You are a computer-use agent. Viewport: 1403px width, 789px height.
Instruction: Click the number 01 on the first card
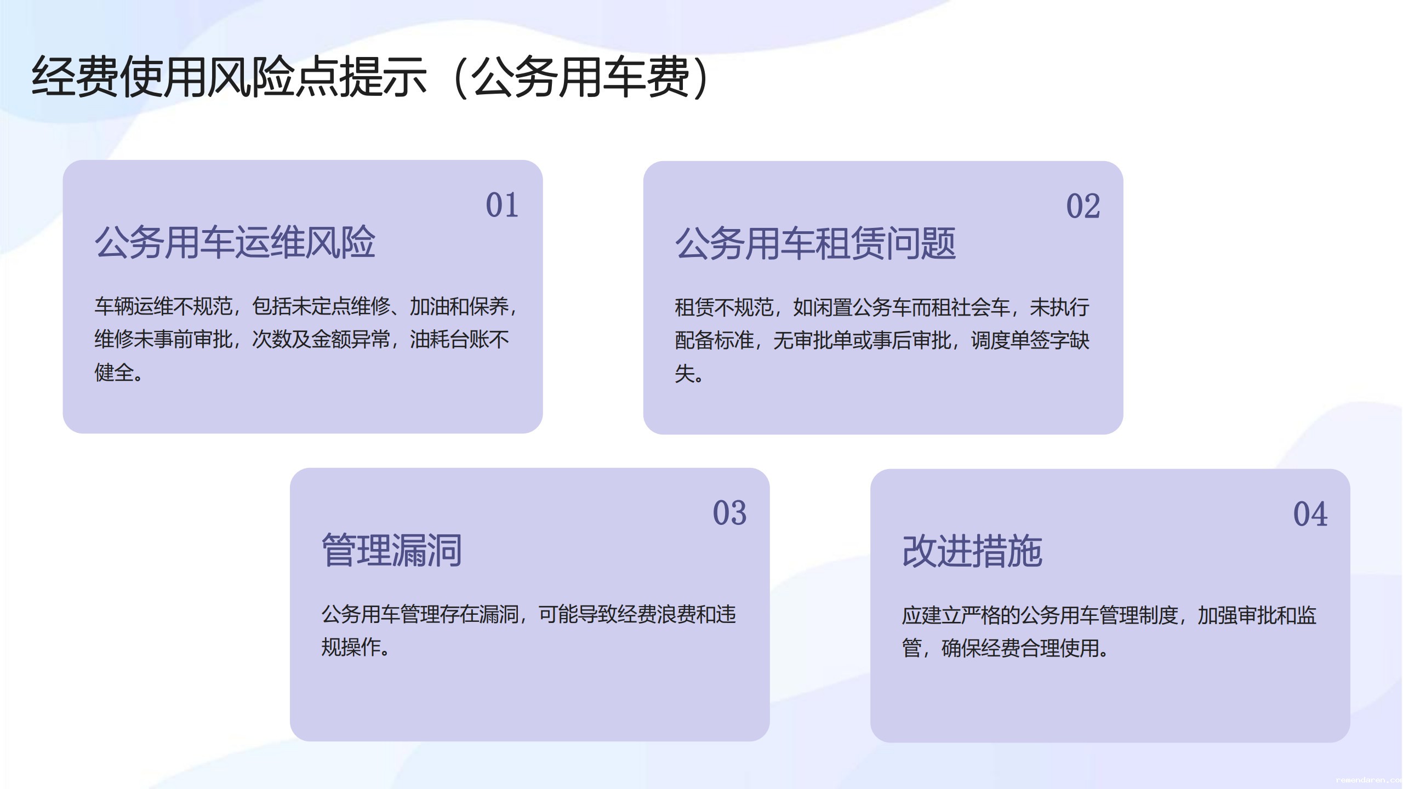pyautogui.click(x=502, y=205)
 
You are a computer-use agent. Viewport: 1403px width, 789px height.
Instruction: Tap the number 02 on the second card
pyautogui.click(x=1083, y=207)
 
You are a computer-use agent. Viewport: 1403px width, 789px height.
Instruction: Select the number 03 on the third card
pyautogui.click(x=729, y=513)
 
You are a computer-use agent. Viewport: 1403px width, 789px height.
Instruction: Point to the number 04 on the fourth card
pyautogui.click(x=1310, y=514)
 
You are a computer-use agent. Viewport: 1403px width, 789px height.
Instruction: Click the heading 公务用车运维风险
pyautogui.click(x=235, y=242)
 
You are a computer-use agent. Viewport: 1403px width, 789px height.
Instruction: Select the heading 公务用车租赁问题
pyautogui.click(x=815, y=243)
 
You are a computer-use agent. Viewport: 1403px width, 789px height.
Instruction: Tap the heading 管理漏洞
pyautogui.click(x=392, y=550)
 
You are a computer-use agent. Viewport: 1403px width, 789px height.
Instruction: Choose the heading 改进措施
pyautogui.click(x=972, y=551)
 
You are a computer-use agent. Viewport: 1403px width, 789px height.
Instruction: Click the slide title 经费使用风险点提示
pyautogui.click(x=229, y=77)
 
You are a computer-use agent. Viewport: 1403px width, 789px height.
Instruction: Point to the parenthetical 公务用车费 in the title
pyautogui.click(x=581, y=77)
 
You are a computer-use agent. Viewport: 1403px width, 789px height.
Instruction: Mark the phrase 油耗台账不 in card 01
pyautogui.click(x=459, y=340)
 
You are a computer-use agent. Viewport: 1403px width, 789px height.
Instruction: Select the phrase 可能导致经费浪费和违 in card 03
pyautogui.click(x=637, y=614)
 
